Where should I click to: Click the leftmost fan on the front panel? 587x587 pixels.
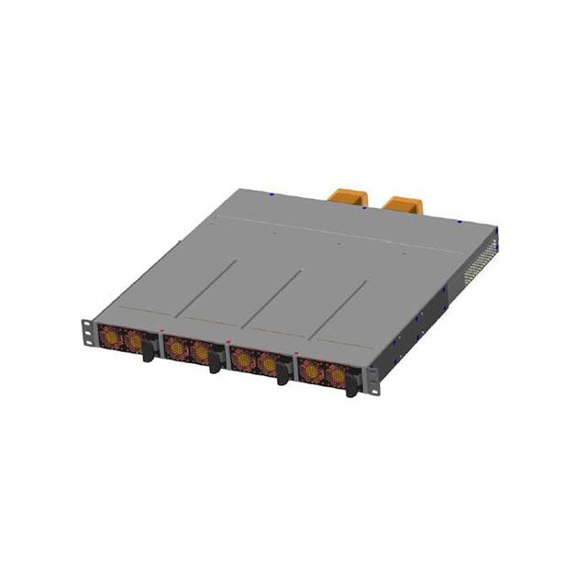click(110, 338)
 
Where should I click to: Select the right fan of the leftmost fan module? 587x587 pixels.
click(134, 342)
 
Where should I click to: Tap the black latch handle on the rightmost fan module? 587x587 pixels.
click(351, 386)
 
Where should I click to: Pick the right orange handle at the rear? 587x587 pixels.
click(400, 203)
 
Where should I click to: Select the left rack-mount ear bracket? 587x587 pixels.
click(88, 331)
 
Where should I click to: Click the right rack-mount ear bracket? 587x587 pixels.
click(372, 379)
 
